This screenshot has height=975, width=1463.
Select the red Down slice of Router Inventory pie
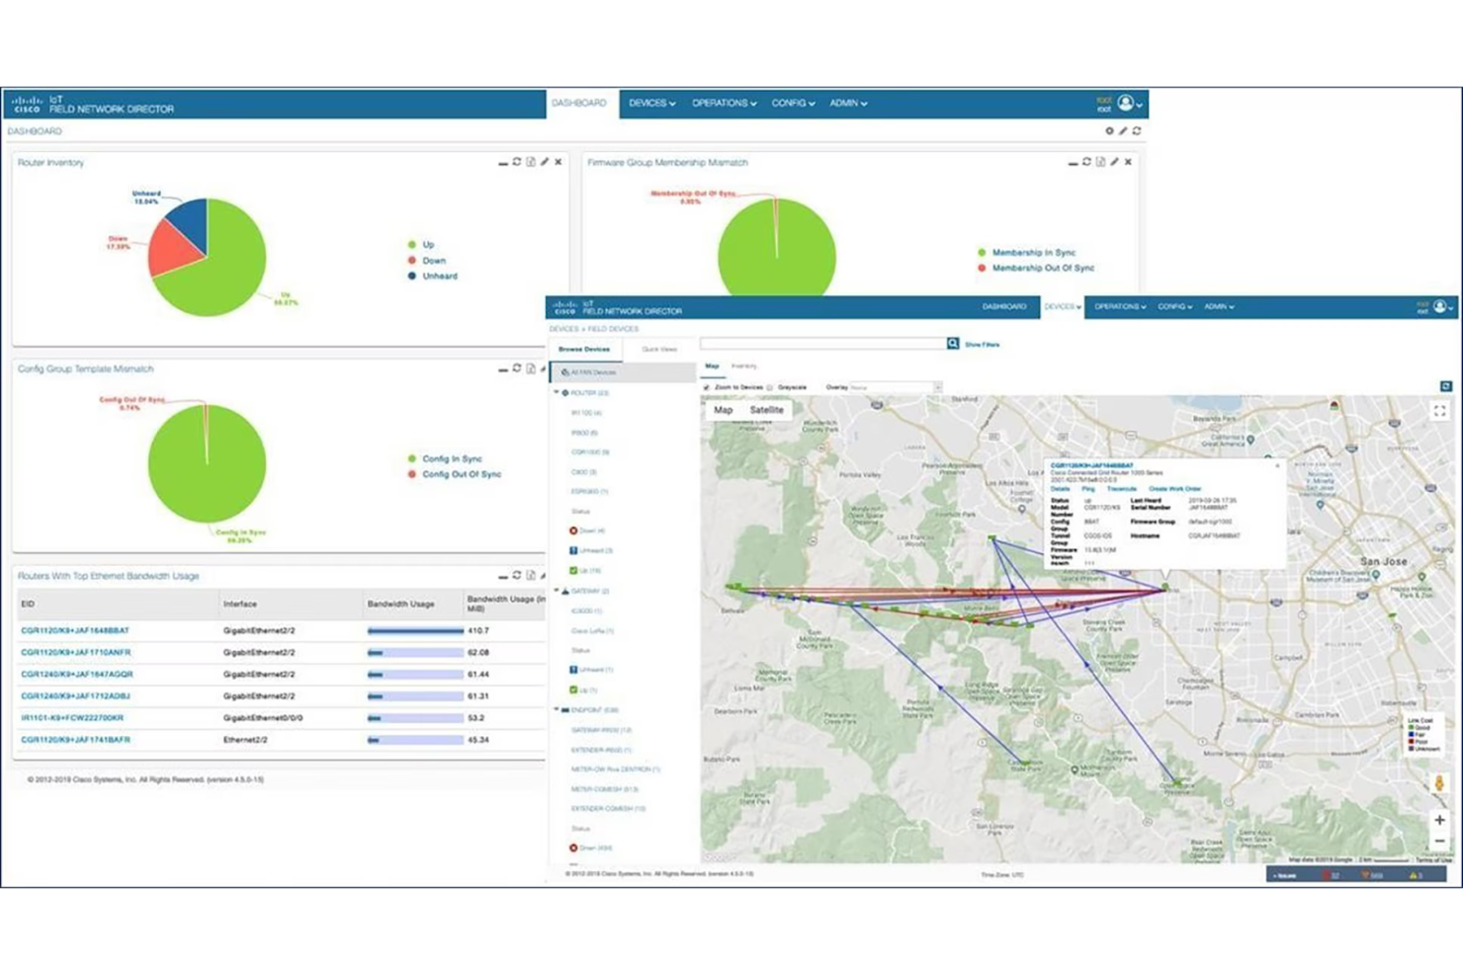pos(173,251)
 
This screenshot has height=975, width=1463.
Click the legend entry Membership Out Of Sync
pos(1042,268)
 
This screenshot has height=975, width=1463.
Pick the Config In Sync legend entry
pos(452,458)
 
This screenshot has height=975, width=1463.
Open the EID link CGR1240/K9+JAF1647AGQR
pos(77,675)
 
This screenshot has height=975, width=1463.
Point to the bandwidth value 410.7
pos(478,630)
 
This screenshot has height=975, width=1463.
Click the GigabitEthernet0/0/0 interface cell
pos(263,718)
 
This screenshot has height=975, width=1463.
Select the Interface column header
pos(240,604)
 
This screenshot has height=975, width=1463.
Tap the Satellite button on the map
pos(766,410)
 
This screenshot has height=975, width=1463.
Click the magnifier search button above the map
pos(953,344)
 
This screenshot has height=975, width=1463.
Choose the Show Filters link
pos(982,345)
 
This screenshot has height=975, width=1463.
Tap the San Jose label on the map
pos(1383,561)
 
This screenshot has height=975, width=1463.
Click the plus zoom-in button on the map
pos(1439,820)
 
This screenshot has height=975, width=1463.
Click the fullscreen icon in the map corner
pos(1439,411)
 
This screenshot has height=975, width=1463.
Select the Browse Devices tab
pos(584,350)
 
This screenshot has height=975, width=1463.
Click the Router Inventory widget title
pos(51,163)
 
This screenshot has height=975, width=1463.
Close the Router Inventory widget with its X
pos(559,162)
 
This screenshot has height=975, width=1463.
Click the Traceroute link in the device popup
pos(1121,489)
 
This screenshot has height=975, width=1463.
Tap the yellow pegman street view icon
pos(1439,783)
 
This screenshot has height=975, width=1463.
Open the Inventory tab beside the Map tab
pos(743,366)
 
